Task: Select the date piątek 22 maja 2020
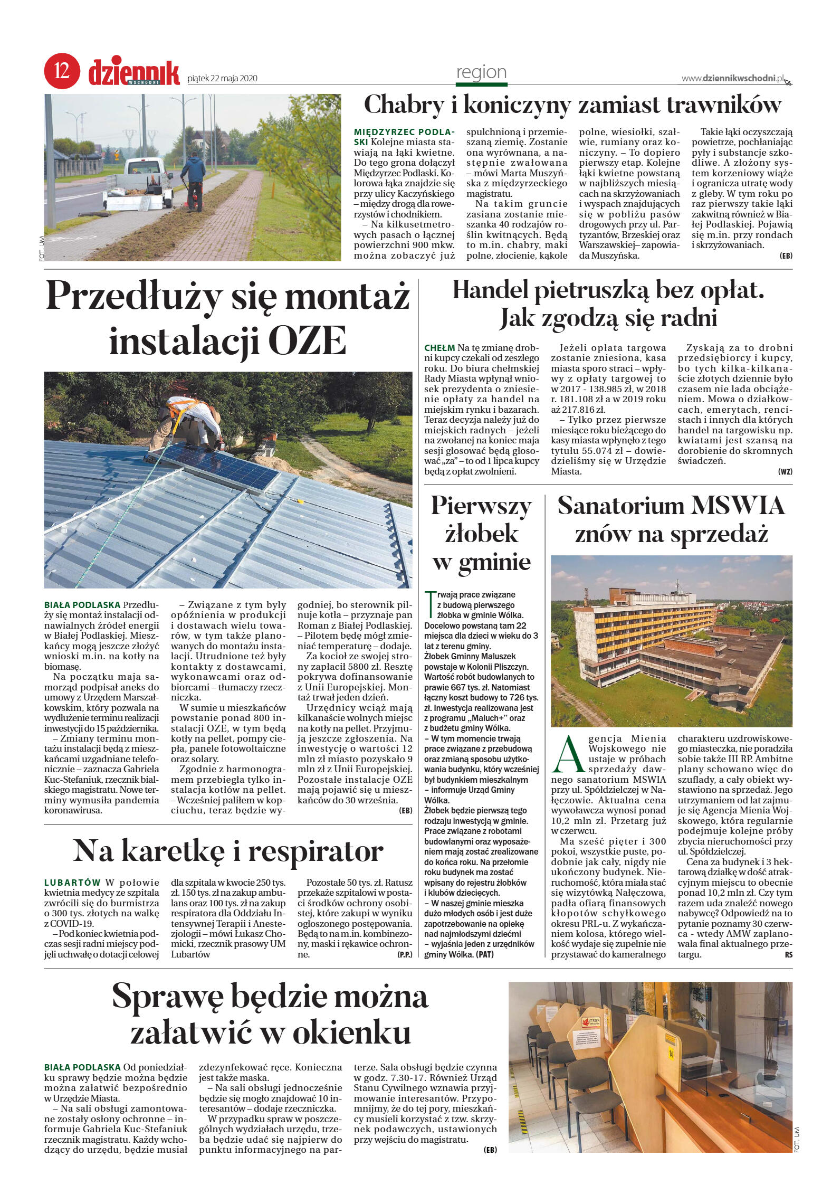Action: click(222, 79)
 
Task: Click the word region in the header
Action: click(481, 72)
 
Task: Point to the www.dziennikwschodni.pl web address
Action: click(733, 78)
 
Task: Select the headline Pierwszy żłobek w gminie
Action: click(481, 534)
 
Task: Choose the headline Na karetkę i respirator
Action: click(227, 851)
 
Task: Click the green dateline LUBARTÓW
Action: click(72, 882)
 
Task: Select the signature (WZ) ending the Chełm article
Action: click(785, 471)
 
